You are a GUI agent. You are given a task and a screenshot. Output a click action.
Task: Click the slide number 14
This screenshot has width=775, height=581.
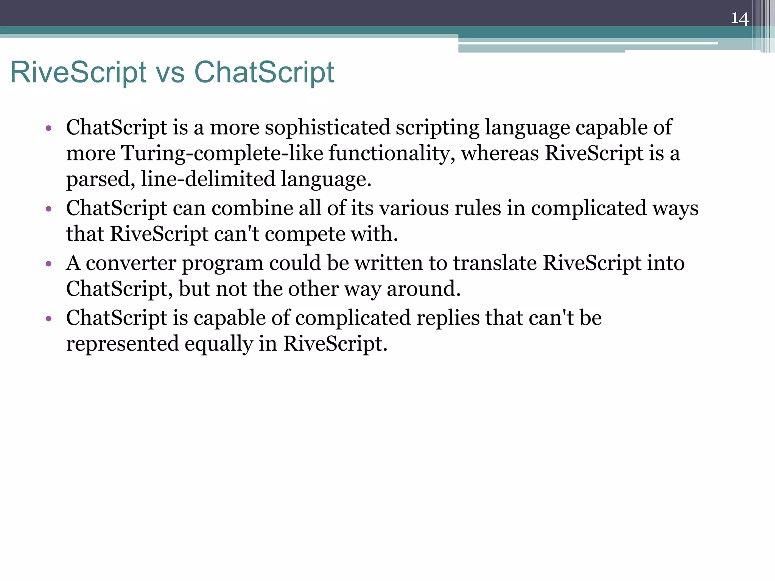click(x=739, y=18)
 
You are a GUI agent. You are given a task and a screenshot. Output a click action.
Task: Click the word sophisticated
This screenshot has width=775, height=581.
click(x=327, y=127)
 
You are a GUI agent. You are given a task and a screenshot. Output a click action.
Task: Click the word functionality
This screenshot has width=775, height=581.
click(x=392, y=153)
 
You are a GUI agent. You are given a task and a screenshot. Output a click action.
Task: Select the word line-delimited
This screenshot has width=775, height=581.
click(x=208, y=179)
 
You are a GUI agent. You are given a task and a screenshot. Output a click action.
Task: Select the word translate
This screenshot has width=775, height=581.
click(x=495, y=263)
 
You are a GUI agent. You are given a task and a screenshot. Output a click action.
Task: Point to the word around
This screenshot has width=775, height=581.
click(x=423, y=289)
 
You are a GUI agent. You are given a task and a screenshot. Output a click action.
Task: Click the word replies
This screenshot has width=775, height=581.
click(x=448, y=318)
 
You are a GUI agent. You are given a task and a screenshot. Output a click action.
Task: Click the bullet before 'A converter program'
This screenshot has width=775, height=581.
click(x=48, y=264)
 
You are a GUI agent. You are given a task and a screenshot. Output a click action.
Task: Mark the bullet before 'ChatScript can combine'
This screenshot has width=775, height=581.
click(x=48, y=209)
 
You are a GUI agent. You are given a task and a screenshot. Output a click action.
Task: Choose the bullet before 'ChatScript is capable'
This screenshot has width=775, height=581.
click(x=48, y=318)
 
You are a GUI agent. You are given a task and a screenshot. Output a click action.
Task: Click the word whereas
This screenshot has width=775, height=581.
click(x=500, y=153)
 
